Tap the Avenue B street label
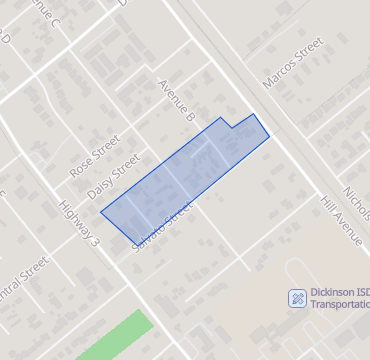175,100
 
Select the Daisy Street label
112,176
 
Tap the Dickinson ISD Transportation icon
296,298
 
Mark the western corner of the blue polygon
101,211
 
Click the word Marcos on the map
282,72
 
